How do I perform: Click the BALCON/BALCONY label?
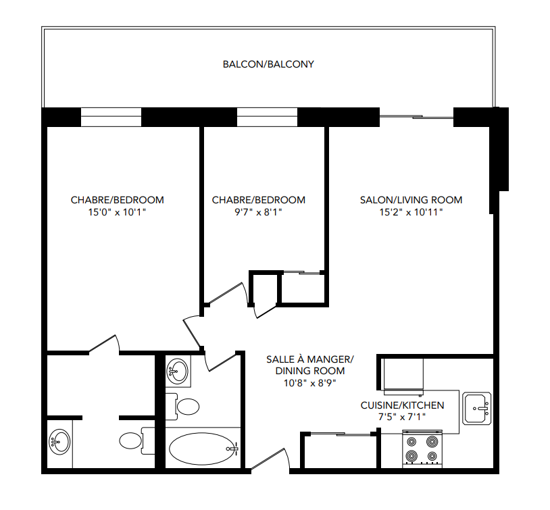pos(268,65)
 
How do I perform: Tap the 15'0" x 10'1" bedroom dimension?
pos(118,212)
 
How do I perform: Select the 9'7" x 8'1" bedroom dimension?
pos(258,212)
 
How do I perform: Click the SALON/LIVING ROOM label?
pos(411,200)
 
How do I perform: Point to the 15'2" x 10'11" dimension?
pos(411,212)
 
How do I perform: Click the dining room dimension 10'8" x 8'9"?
pos(309,382)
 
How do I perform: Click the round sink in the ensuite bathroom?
pos(59,443)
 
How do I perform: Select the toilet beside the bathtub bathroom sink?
pos(186,405)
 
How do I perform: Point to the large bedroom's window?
pos(111,117)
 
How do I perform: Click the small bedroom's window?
pos(266,117)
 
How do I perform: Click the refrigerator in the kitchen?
pos(403,376)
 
